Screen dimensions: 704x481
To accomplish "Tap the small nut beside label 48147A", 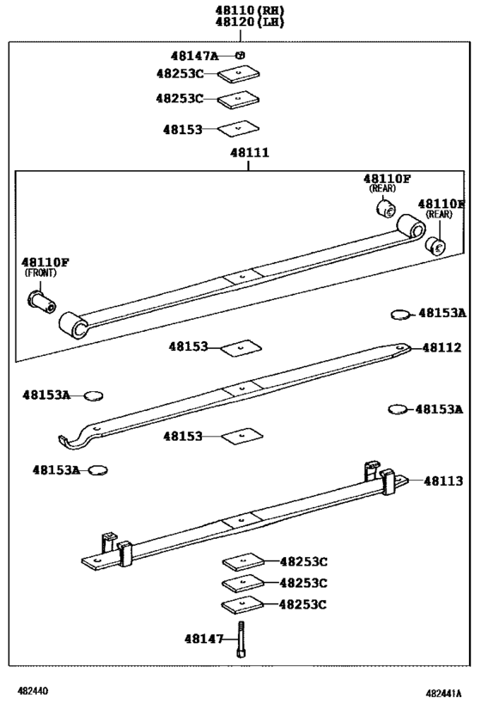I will pyautogui.click(x=241, y=56).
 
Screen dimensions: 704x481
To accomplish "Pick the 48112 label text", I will pyautogui.click(x=441, y=348).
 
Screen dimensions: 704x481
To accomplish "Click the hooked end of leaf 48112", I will pyautogui.click(x=72, y=441).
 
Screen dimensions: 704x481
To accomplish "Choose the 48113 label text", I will pyautogui.click(x=441, y=481).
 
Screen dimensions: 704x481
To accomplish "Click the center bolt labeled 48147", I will pyautogui.click(x=242, y=640).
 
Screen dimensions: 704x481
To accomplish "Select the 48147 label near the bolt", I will pyautogui.click(x=204, y=639).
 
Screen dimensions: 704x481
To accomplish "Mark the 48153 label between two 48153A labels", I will pyautogui.click(x=183, y=436).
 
